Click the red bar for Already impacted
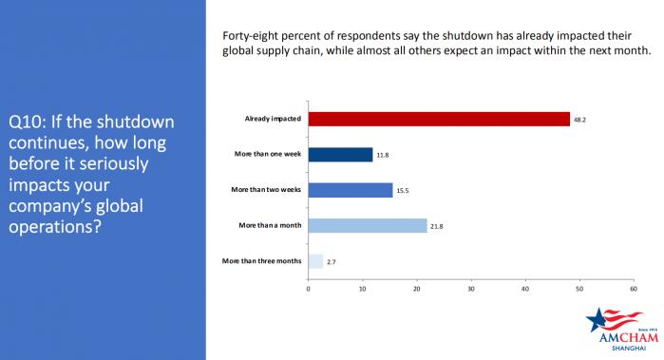point(439,119)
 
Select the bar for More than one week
point(340,155)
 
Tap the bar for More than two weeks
point(351,190)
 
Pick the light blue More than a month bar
point(368,226)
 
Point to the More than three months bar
point(315,261)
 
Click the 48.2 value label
point(579,120)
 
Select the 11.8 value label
point(383,156)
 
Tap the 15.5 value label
point(403,191)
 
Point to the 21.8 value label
point(437,227)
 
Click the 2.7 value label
point(332,262)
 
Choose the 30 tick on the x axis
point(471,289)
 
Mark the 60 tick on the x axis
point(634,289)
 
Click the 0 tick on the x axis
point(309,289)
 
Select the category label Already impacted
point(273,119)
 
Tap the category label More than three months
point(261,261)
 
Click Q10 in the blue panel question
point(27,123)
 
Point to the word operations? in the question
point(55,227)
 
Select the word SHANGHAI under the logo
point(629,349)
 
